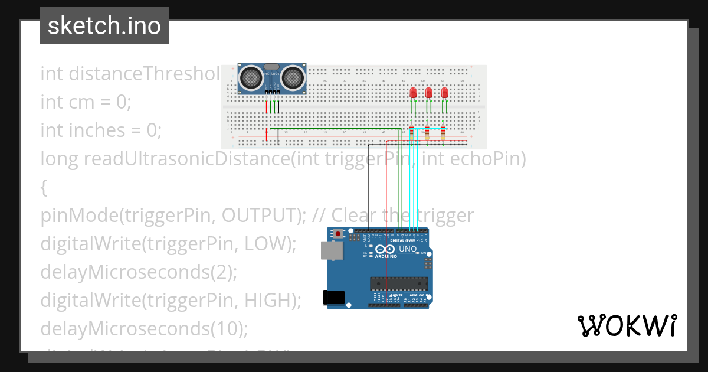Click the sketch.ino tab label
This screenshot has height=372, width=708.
(x=104, y=26)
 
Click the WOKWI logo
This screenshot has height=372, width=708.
(x=627, y=325)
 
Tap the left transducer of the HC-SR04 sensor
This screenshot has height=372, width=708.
(x=251, y=77)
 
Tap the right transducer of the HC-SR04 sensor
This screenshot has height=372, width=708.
(x=293, y=77)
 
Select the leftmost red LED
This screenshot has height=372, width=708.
(x=414, y=93)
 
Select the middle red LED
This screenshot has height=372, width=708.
(x=429, y=93)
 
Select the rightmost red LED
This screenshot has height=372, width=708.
(x=444, y=93)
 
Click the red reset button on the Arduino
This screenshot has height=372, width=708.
(x=337, y=234)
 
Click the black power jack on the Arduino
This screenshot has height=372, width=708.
(x=335, y=298)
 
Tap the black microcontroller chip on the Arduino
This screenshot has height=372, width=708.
(x=398, y=283)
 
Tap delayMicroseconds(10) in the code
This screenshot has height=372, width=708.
(x=145, y=328)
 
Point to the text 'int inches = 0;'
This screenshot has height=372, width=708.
(x=100, y=130)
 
